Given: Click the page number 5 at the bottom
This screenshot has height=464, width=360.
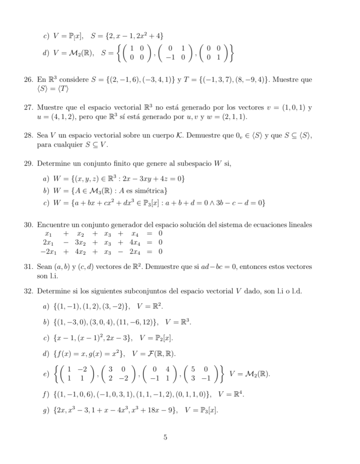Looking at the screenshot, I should click(x=166, y=437).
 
